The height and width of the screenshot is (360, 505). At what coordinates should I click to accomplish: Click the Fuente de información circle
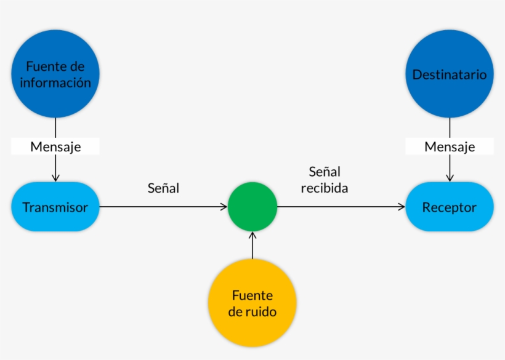click(55, 74)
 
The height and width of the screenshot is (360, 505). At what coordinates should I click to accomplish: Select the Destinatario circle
click(450, 74)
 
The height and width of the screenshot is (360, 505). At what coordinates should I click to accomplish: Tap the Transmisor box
click(55, 207)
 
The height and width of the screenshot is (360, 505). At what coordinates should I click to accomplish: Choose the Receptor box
click(450, 207)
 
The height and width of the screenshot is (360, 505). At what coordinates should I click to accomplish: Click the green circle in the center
click(252, 207)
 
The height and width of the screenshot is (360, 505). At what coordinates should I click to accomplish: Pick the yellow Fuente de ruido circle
click(252, 303)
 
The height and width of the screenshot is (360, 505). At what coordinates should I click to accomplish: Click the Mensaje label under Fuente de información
click(55, 146)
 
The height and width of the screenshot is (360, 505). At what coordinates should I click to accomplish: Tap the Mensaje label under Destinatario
click(450, 146)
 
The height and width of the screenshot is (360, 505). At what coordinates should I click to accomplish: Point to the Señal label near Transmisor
click(163, 188)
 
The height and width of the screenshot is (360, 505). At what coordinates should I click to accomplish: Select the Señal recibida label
click(325, 180)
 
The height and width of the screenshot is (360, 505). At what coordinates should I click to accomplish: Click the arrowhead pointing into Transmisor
click(55, 178)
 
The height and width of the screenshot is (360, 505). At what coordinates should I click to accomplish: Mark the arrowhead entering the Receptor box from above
click(450, 178)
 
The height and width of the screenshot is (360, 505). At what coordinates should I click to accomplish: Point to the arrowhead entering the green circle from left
click(224, 207)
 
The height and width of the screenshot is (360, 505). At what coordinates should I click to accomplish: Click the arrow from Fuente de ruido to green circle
click(252, 246)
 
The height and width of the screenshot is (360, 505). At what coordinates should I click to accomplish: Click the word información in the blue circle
click(55, 82)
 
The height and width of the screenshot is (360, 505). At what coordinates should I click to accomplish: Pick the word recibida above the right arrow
click(325, 188)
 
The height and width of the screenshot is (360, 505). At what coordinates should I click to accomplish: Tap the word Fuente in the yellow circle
click(252, 295)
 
